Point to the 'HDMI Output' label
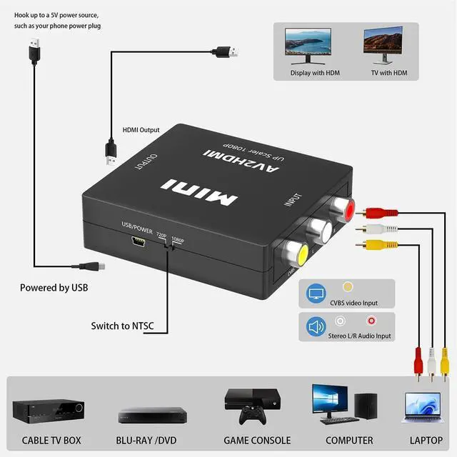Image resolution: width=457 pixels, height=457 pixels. pos(141,130)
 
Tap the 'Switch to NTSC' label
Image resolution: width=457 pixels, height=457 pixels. pos(122,326)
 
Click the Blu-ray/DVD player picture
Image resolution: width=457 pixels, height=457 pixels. pos(146,416)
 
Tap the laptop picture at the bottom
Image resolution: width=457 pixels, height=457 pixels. pos(426,409)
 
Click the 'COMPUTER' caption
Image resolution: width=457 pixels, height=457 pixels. pos(349,441)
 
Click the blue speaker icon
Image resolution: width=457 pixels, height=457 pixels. pos(316,328)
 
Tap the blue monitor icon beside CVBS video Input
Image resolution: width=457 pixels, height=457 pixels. pos(316,293)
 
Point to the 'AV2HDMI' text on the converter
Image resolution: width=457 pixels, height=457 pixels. pos(226,156)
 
